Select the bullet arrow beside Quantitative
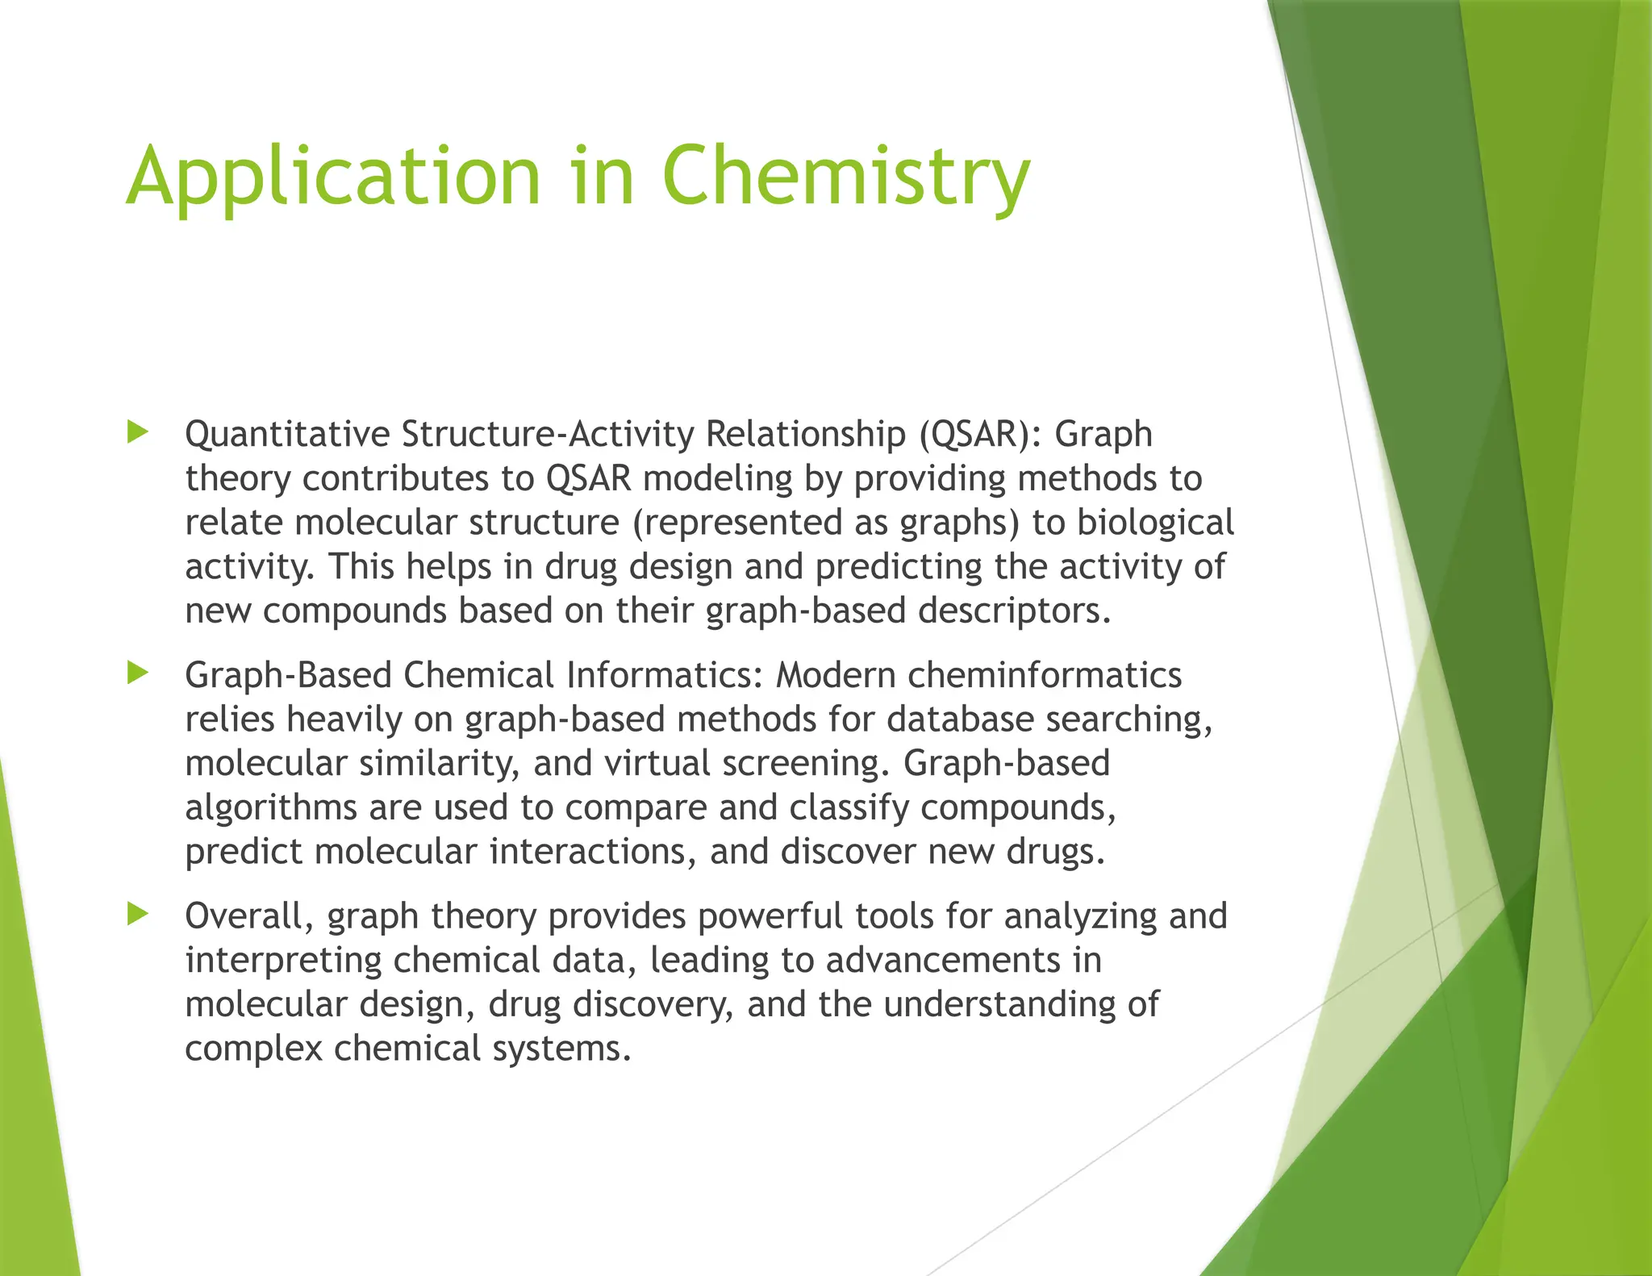click(138, 432)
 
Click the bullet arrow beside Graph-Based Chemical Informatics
click(138, 673)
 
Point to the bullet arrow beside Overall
click(138, 914)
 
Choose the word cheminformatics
click(1045, 675)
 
